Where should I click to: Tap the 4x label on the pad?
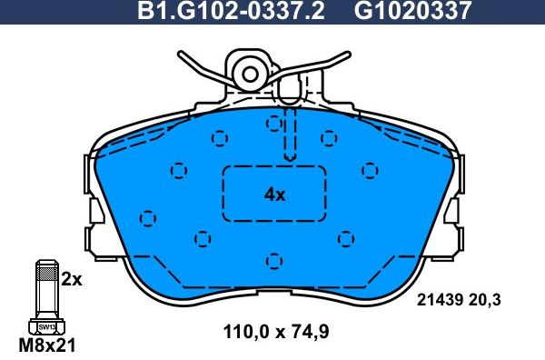point(274,195)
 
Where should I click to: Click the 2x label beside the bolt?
point(71,280)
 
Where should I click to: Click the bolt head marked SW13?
point(44,326)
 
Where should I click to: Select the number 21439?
point(441,297)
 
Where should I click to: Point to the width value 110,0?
point(244,332)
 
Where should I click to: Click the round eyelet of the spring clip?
point(248,70)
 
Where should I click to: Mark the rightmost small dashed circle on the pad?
point(369,168)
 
